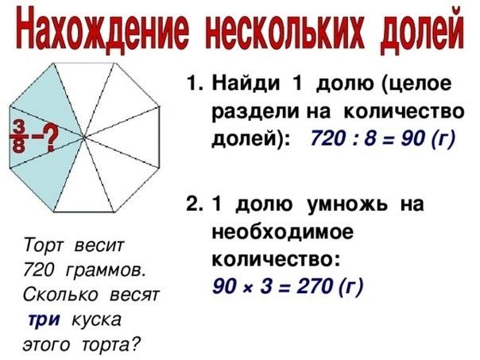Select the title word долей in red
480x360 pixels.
coord(422,31)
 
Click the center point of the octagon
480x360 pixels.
coord(83,137)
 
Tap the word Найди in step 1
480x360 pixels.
coord(246,83)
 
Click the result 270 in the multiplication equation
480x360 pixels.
coord(315,286)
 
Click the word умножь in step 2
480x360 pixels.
coord(346,204)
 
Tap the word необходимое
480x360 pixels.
coord(283,232)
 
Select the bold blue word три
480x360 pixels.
coord(44,320)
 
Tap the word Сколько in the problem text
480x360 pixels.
coord(60,295)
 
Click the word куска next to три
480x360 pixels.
coord(96,320)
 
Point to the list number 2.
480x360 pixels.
coord(194,204)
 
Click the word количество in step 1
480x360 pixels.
coord(404,111)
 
